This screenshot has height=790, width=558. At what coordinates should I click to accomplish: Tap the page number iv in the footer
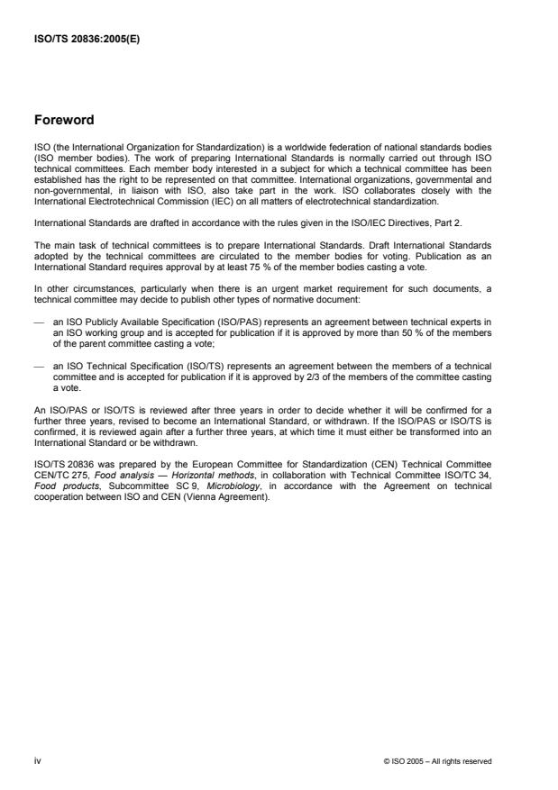point(37,760)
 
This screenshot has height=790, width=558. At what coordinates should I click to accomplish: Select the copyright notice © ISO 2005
point(437,761)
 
